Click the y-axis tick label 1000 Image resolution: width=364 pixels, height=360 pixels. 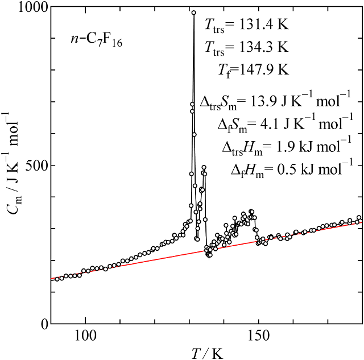(x=28, y=8)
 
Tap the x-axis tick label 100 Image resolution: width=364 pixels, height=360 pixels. (x=85, y=336)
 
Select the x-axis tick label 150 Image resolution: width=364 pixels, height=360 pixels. (x=258, y=336)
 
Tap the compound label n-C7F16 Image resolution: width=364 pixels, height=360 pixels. (x=93, y=40)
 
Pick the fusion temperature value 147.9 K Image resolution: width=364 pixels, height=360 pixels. (x=265, y=70)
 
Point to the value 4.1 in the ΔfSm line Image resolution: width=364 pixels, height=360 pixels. (x=282, y=123)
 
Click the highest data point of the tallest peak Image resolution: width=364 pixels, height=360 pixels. (x=193, y=13)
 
